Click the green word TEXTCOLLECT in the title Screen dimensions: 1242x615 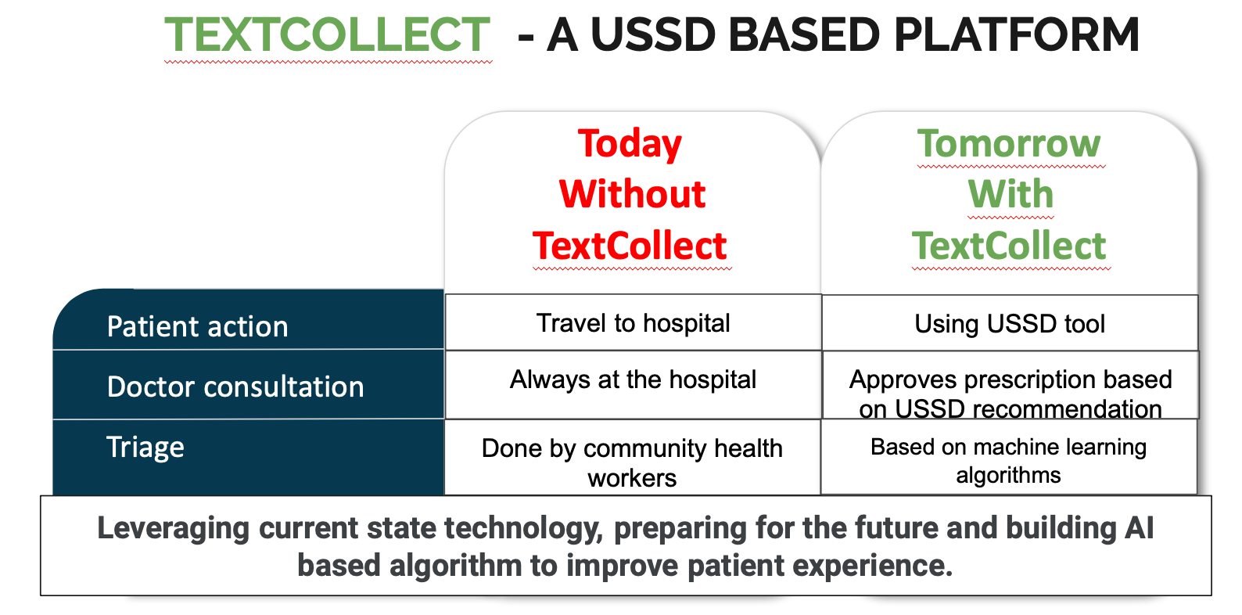[x=327, y=34]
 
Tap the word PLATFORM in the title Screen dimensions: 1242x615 [x=1016, y=34]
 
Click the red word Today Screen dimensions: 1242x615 [x=630, y=144]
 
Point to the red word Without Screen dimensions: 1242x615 [x=632, y=194]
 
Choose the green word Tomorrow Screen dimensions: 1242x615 [x=1009, y=143]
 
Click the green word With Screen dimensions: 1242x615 [x=1010, y=194]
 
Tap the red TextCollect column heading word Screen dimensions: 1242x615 [x=630, y=246]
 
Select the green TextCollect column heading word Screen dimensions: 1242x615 [x=1009, y=246]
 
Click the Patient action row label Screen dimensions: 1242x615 [x=197, y=326]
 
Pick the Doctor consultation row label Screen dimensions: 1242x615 [x=235, y=387]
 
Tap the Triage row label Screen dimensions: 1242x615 [x=145, y=447]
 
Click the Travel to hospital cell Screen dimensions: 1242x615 [x=634, y=323]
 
